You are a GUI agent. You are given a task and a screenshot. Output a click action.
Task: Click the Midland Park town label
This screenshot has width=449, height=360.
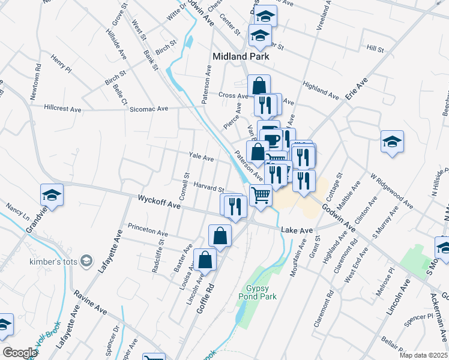click(240, 56)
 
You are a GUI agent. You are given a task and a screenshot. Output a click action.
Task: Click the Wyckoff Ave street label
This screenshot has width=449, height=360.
click(159, 202)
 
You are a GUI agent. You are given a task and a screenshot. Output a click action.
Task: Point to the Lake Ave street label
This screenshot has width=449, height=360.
click(297, 230)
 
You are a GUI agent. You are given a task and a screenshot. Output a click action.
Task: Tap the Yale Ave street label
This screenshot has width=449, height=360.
click(201, 157)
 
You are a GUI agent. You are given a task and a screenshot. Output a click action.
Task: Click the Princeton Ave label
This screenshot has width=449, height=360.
click(148, 231)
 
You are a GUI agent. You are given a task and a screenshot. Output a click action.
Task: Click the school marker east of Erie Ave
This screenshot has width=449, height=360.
click(392, 143)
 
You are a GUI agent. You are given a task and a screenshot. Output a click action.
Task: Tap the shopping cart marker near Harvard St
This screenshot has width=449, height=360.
click(261, 195)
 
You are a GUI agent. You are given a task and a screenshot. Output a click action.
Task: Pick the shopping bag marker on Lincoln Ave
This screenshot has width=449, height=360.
click(205, 260)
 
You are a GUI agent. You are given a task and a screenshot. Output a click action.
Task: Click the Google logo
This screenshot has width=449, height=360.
click(20, 353)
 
